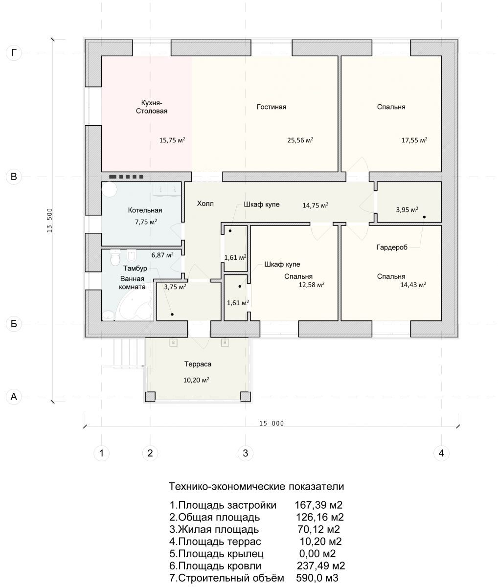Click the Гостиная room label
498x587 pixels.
[272, 107]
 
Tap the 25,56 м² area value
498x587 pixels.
[300, 140]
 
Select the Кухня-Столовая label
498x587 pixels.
[152, 107]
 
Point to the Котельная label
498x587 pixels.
[145, 210]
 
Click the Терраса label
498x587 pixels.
[198, 364]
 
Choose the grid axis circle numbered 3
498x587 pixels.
[246, 453]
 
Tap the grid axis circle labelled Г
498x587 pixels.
[14, 53]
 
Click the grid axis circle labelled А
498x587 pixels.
[14, 396]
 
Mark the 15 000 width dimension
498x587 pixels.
[272, 424]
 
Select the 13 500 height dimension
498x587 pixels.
[50, 221]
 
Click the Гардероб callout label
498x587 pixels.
[392, 248]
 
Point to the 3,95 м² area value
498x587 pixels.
[407, 210]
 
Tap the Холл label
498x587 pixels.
[205, 203]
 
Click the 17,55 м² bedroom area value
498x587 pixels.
[414, 140]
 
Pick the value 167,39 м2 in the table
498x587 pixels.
[318, 505]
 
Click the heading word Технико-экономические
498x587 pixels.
[227, 486]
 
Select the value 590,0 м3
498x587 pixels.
[317, 578]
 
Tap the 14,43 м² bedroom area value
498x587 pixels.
[413, 285]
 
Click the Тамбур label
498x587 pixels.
[135, 269]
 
